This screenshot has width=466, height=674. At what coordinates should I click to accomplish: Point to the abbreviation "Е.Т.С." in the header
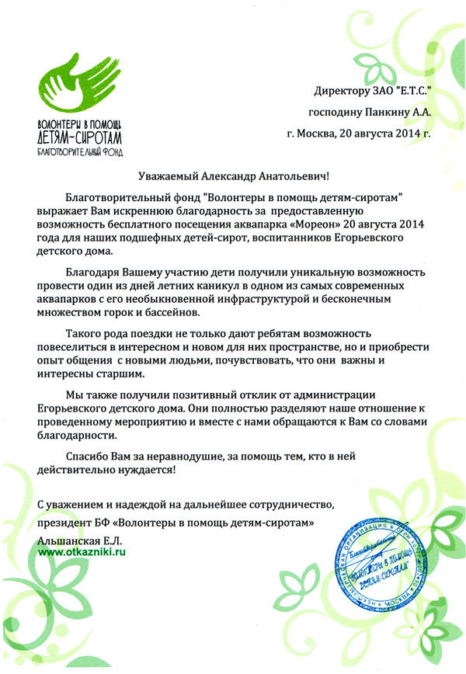[411, 92]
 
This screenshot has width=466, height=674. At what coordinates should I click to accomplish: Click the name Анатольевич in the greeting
[292, 178]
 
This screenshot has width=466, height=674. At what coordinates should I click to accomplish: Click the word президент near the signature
[65, 522]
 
